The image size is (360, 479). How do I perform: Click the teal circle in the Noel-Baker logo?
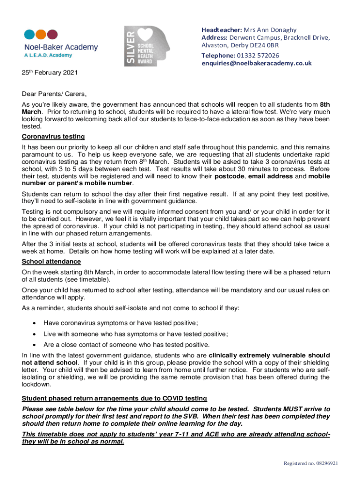tap(29, 35)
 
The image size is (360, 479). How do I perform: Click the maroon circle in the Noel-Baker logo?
tap(53, 35)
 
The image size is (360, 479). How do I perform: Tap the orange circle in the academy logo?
tap(41, 35)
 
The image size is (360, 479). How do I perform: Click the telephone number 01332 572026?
tap(258, 55)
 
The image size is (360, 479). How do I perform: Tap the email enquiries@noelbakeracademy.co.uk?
tap(256, 63)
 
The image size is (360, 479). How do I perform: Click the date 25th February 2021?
tap(50, 73)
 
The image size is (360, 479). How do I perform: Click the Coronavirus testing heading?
tap(53, 137)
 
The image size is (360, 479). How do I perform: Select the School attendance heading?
tap(51, 261)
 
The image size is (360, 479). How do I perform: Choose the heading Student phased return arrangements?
tap(114, 399)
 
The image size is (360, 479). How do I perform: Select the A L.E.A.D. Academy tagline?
tap(48, 55)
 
